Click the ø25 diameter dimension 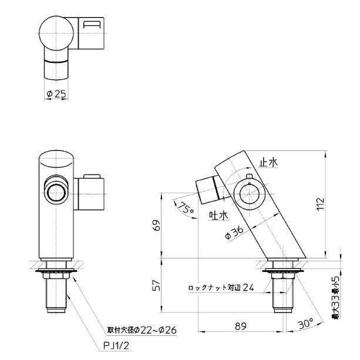click(x=57, y=94)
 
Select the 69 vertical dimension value click(x=155, y=226)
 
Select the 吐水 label click(x=218, y=216)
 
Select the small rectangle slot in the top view click(x=92, y=25)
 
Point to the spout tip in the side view click(x=206, y=187)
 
